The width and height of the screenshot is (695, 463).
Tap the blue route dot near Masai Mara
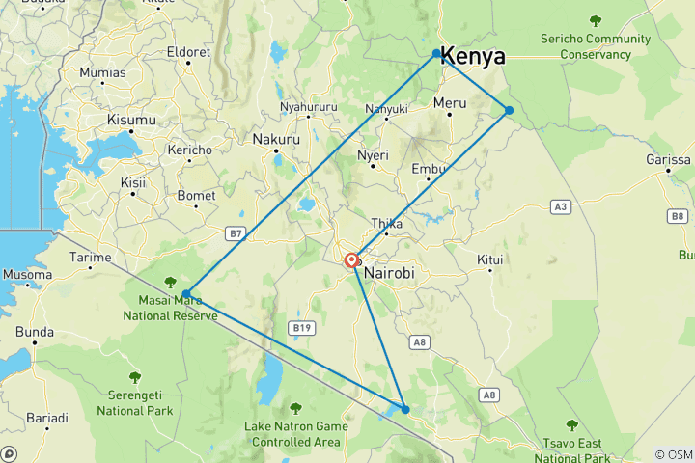tap(185, 293)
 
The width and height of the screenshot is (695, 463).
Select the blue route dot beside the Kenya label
tap(436, 53)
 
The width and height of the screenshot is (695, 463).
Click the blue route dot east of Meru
tap(509, 110)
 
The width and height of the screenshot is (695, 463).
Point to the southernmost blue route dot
tap(405, 410)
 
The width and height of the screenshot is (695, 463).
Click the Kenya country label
tap(473, 57)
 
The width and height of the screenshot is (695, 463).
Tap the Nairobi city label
tap(389, 273)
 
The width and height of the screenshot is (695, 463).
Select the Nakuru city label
tap(276, 139)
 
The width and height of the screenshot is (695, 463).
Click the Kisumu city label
tap(131, 120)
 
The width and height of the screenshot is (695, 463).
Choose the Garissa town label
tap(668, 159)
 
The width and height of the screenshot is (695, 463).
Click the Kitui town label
tap(490, 259)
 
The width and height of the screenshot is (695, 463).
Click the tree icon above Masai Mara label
tap(171, 283)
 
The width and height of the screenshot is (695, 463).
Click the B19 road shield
tap(302, 328)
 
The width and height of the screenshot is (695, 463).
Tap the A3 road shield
tap(560, 206)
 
